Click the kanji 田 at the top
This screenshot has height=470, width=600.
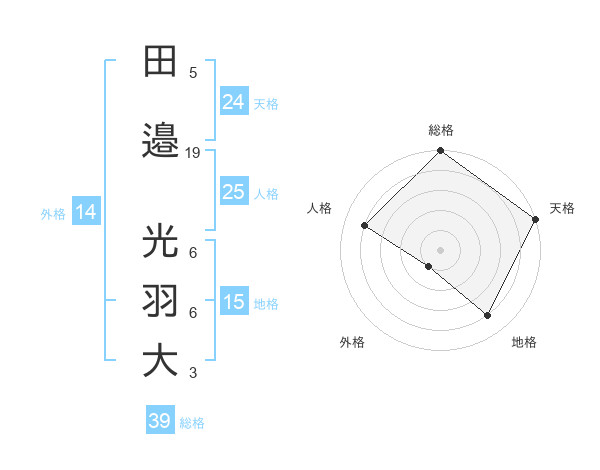(161, 63)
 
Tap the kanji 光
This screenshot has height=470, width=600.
(161, 243)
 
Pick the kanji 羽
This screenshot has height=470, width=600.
(161, 301)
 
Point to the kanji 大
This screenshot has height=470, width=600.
(161, 361)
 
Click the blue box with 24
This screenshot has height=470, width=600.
(234, 101)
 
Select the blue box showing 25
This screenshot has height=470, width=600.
(234, 192)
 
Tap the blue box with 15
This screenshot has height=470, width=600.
(234, 303)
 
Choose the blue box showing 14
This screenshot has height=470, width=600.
(85, 212)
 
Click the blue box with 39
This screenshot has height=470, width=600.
(159, 421)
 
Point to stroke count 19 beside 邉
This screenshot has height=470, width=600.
(193, 153)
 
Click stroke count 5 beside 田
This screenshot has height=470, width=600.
(193, 73)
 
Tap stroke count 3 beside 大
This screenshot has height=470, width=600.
(193, 373)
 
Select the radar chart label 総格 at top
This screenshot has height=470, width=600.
(441, 130)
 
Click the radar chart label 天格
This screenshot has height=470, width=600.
(562, 208)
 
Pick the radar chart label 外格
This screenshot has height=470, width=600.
(352, 342)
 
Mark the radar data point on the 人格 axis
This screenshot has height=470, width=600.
(365, 226)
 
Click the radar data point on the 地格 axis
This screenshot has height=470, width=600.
(488, 316)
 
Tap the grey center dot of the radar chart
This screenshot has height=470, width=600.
(440, 249)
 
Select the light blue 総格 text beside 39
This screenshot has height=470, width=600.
(192, 423)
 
